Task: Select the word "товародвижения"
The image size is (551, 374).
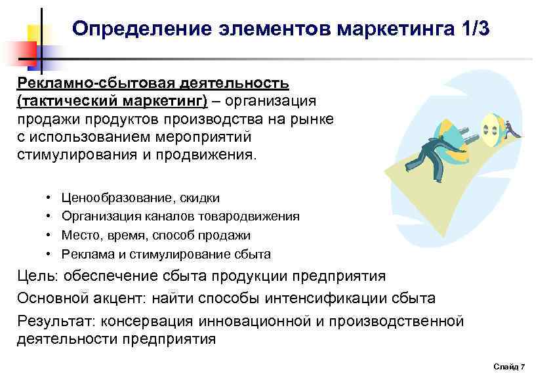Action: click(253, 217)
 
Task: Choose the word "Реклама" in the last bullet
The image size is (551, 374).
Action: click(85, 254)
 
